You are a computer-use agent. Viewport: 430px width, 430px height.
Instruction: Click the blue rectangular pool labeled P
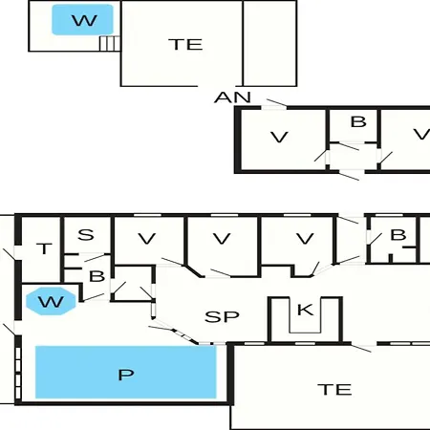126,372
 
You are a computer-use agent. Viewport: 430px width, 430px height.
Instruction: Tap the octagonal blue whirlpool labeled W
51,301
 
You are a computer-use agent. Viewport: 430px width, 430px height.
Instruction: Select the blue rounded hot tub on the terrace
82,19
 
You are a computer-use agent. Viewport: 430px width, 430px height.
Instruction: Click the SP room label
222,316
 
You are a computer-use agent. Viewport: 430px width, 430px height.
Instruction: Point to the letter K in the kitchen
305,310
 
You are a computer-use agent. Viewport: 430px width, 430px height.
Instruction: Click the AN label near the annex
232,97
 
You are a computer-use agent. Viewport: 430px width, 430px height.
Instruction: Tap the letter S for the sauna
86,235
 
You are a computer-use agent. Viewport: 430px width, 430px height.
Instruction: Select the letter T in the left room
44,248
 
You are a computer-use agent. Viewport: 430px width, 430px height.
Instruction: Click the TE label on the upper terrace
185,44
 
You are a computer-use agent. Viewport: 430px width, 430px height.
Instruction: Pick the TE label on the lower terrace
334,390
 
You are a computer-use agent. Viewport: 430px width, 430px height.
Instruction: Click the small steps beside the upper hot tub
110,43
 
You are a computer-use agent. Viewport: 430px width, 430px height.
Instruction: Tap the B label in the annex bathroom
358,122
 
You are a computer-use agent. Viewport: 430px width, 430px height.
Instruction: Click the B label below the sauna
97,276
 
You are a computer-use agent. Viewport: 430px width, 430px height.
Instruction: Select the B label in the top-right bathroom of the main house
398,235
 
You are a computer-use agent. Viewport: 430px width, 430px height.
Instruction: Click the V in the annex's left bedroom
279,138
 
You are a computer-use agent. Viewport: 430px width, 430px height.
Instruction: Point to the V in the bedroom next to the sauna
147,239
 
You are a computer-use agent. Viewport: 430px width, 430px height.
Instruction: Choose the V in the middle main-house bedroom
222,239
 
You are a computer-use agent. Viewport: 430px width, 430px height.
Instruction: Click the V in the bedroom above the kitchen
305,239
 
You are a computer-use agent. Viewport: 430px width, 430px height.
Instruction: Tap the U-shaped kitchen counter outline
305,333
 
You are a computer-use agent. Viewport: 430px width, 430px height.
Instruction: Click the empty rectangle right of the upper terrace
270,43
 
